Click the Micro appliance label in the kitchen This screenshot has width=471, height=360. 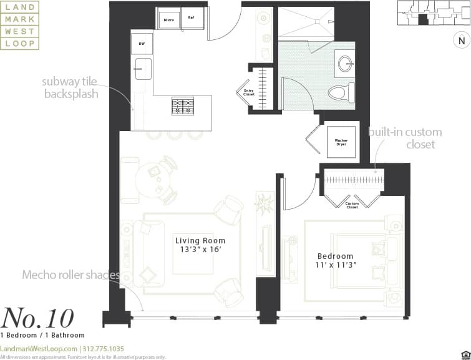[168, 20]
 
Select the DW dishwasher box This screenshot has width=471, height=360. [141, 43]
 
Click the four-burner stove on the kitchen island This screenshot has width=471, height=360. [183, 106]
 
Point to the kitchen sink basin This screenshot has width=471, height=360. [142, 67]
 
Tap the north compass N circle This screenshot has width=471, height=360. [461, 41]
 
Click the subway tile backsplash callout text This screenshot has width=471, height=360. [70, 87]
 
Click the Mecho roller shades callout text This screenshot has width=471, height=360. [70, 275]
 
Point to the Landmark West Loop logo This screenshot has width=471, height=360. [20, 25]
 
